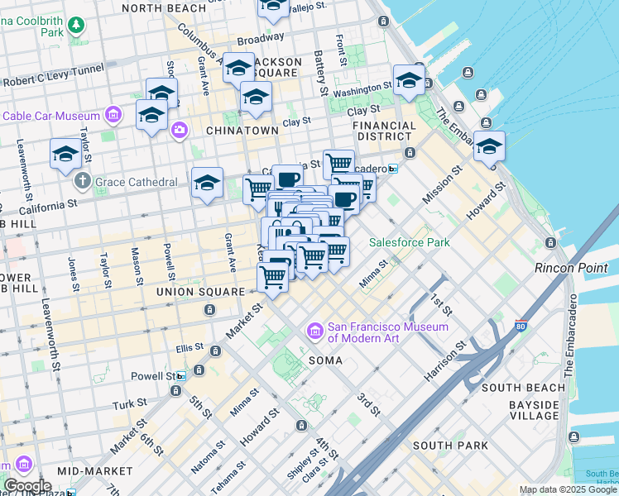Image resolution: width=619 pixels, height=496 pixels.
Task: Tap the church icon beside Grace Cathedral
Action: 81,181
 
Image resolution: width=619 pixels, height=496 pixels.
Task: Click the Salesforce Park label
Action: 409,243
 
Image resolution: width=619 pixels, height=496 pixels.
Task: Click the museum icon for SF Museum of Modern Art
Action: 314,332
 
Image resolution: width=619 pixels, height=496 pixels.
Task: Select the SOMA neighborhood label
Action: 325,361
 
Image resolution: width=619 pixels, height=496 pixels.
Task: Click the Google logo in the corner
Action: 26,486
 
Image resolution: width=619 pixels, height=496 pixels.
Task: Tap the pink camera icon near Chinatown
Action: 179,131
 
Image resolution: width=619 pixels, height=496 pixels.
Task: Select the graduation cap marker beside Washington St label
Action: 409,81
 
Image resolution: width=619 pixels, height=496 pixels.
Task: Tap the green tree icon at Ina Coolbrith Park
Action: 76,25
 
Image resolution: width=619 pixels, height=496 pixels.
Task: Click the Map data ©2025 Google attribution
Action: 568,489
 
